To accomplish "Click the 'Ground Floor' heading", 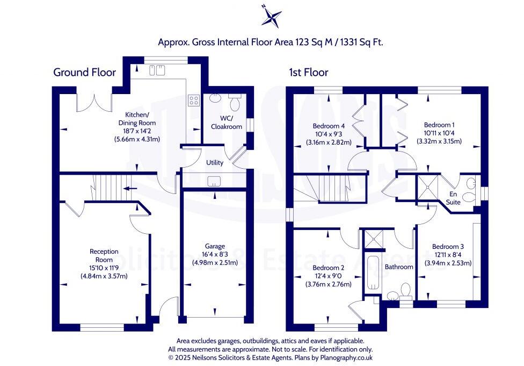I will pyautogui.click(x=84, y=73).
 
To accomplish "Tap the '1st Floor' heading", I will pyautogui.click(x=308, y=73).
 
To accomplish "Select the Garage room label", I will pyautogui.click(x=214, y=247).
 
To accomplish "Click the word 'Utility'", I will pyautogui.click(x=215, y=162).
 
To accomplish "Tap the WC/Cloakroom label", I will pyautogui.click(x=225, y=121).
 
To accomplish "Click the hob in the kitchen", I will pyautogui.click(x=193, y=101).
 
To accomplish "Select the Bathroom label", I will pyautogui.click(x=399, y=267).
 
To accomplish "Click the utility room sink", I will pyautogui.click(x=214, y=181).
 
